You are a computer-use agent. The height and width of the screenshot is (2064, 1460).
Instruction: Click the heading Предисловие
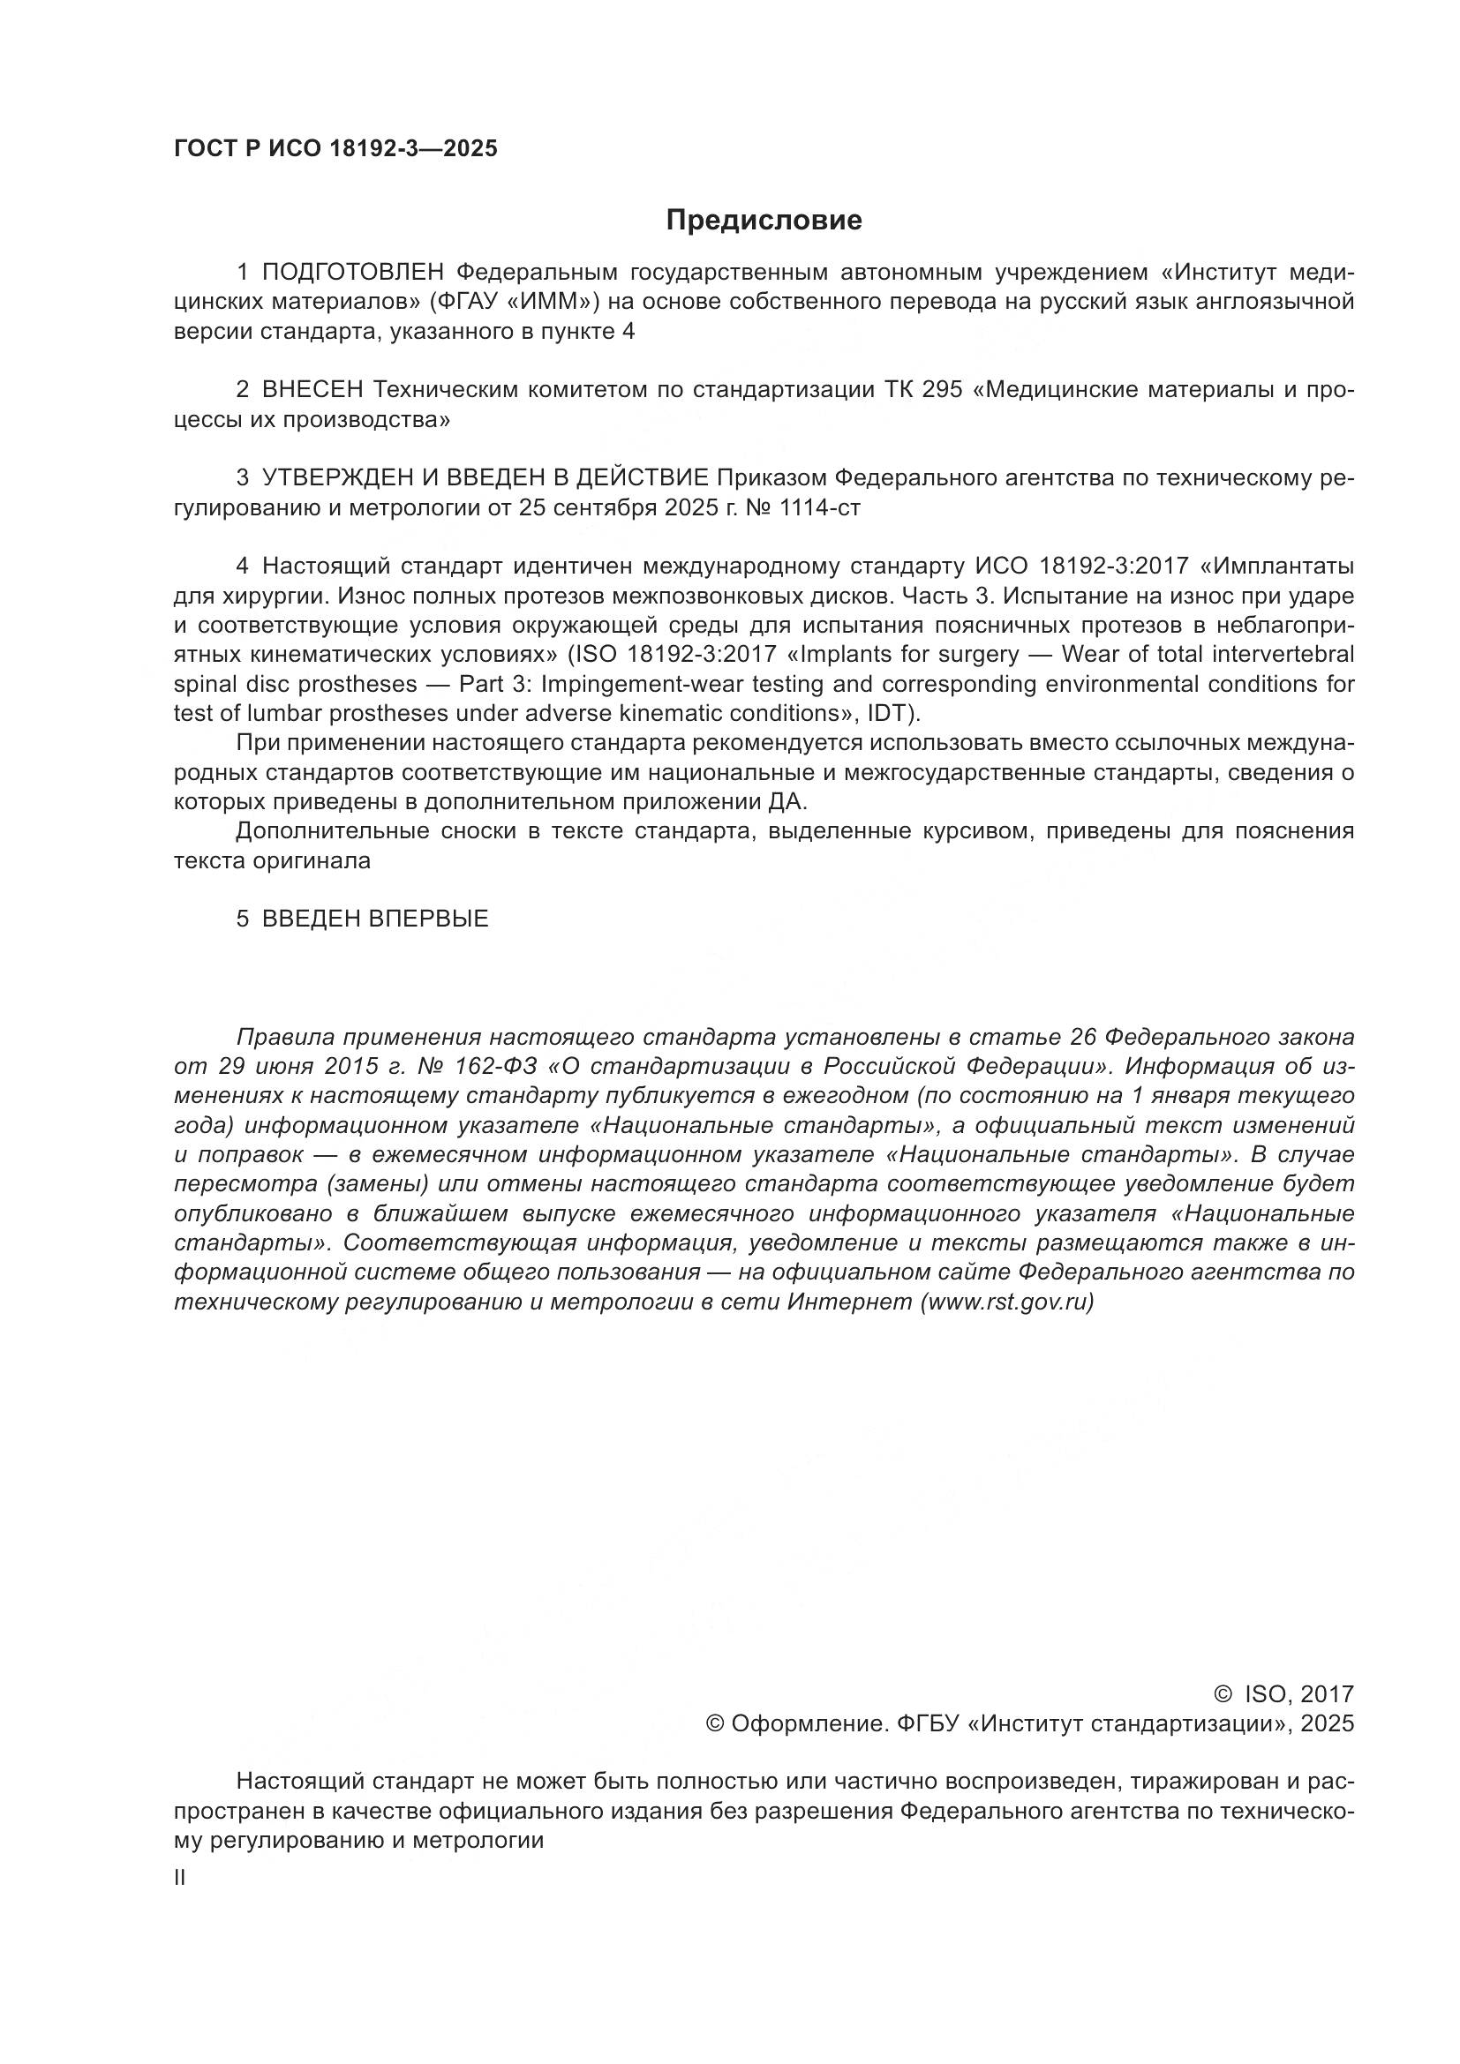pos(764,221)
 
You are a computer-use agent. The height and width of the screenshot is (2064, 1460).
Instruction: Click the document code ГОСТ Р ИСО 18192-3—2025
pos(335,149)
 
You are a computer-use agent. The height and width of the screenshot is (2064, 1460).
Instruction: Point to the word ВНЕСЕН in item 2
pos(312,390)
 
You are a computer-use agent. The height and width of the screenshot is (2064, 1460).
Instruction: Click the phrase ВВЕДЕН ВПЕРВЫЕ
pos(375,919)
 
